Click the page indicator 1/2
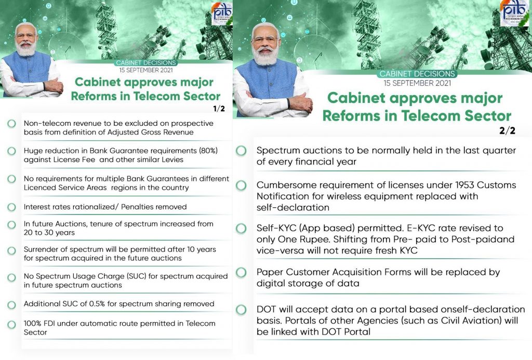pyautogui.click(x=219, y=109)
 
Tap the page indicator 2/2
pyautogui.click(x=507, y=130)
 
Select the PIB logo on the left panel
pyautogui.click(x=222, y=14)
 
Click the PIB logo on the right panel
pyautogui.click(x=514, y=12)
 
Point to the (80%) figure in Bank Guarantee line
pyautogui.click(x=208, y=151)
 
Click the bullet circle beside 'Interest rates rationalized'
pyautogui.click(x=11, y=207)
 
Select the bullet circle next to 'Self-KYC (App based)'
pyautogui.click(x=241, y=229)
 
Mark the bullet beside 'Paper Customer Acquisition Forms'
pyautogui.click(x=241, y=272)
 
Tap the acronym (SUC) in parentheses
pyautogui.click(x=137, y=276)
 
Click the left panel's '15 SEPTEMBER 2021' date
pyautogui.click(x=146, y=70)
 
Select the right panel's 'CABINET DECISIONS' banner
pyautogui.click(x=417, y=74)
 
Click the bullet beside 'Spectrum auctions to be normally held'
pyautogui.click(x=241, y=151)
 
